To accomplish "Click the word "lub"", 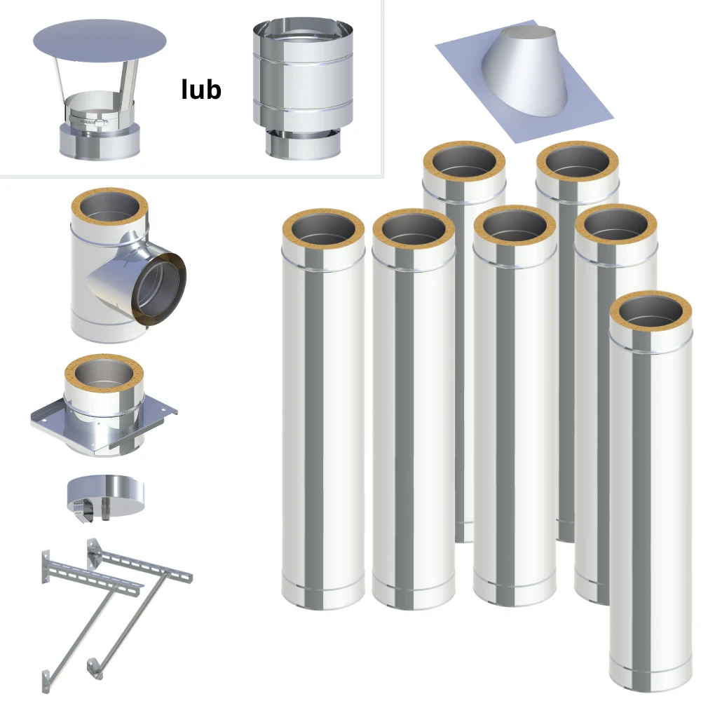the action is point(201,90).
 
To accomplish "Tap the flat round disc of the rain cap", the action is point(100,41).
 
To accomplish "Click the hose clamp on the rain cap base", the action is point(88,121).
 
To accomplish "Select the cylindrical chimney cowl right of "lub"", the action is point(303,88).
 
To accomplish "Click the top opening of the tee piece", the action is point(109,208).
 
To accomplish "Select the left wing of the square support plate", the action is point(47,414).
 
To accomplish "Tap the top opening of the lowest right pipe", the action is point(651,312).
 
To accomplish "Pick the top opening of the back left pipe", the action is point(464,161).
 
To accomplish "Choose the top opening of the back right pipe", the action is point(578,161).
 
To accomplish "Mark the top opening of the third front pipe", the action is point(515,226).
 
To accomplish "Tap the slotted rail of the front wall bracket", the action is point(94,578).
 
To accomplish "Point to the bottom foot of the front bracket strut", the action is point(46,681).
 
